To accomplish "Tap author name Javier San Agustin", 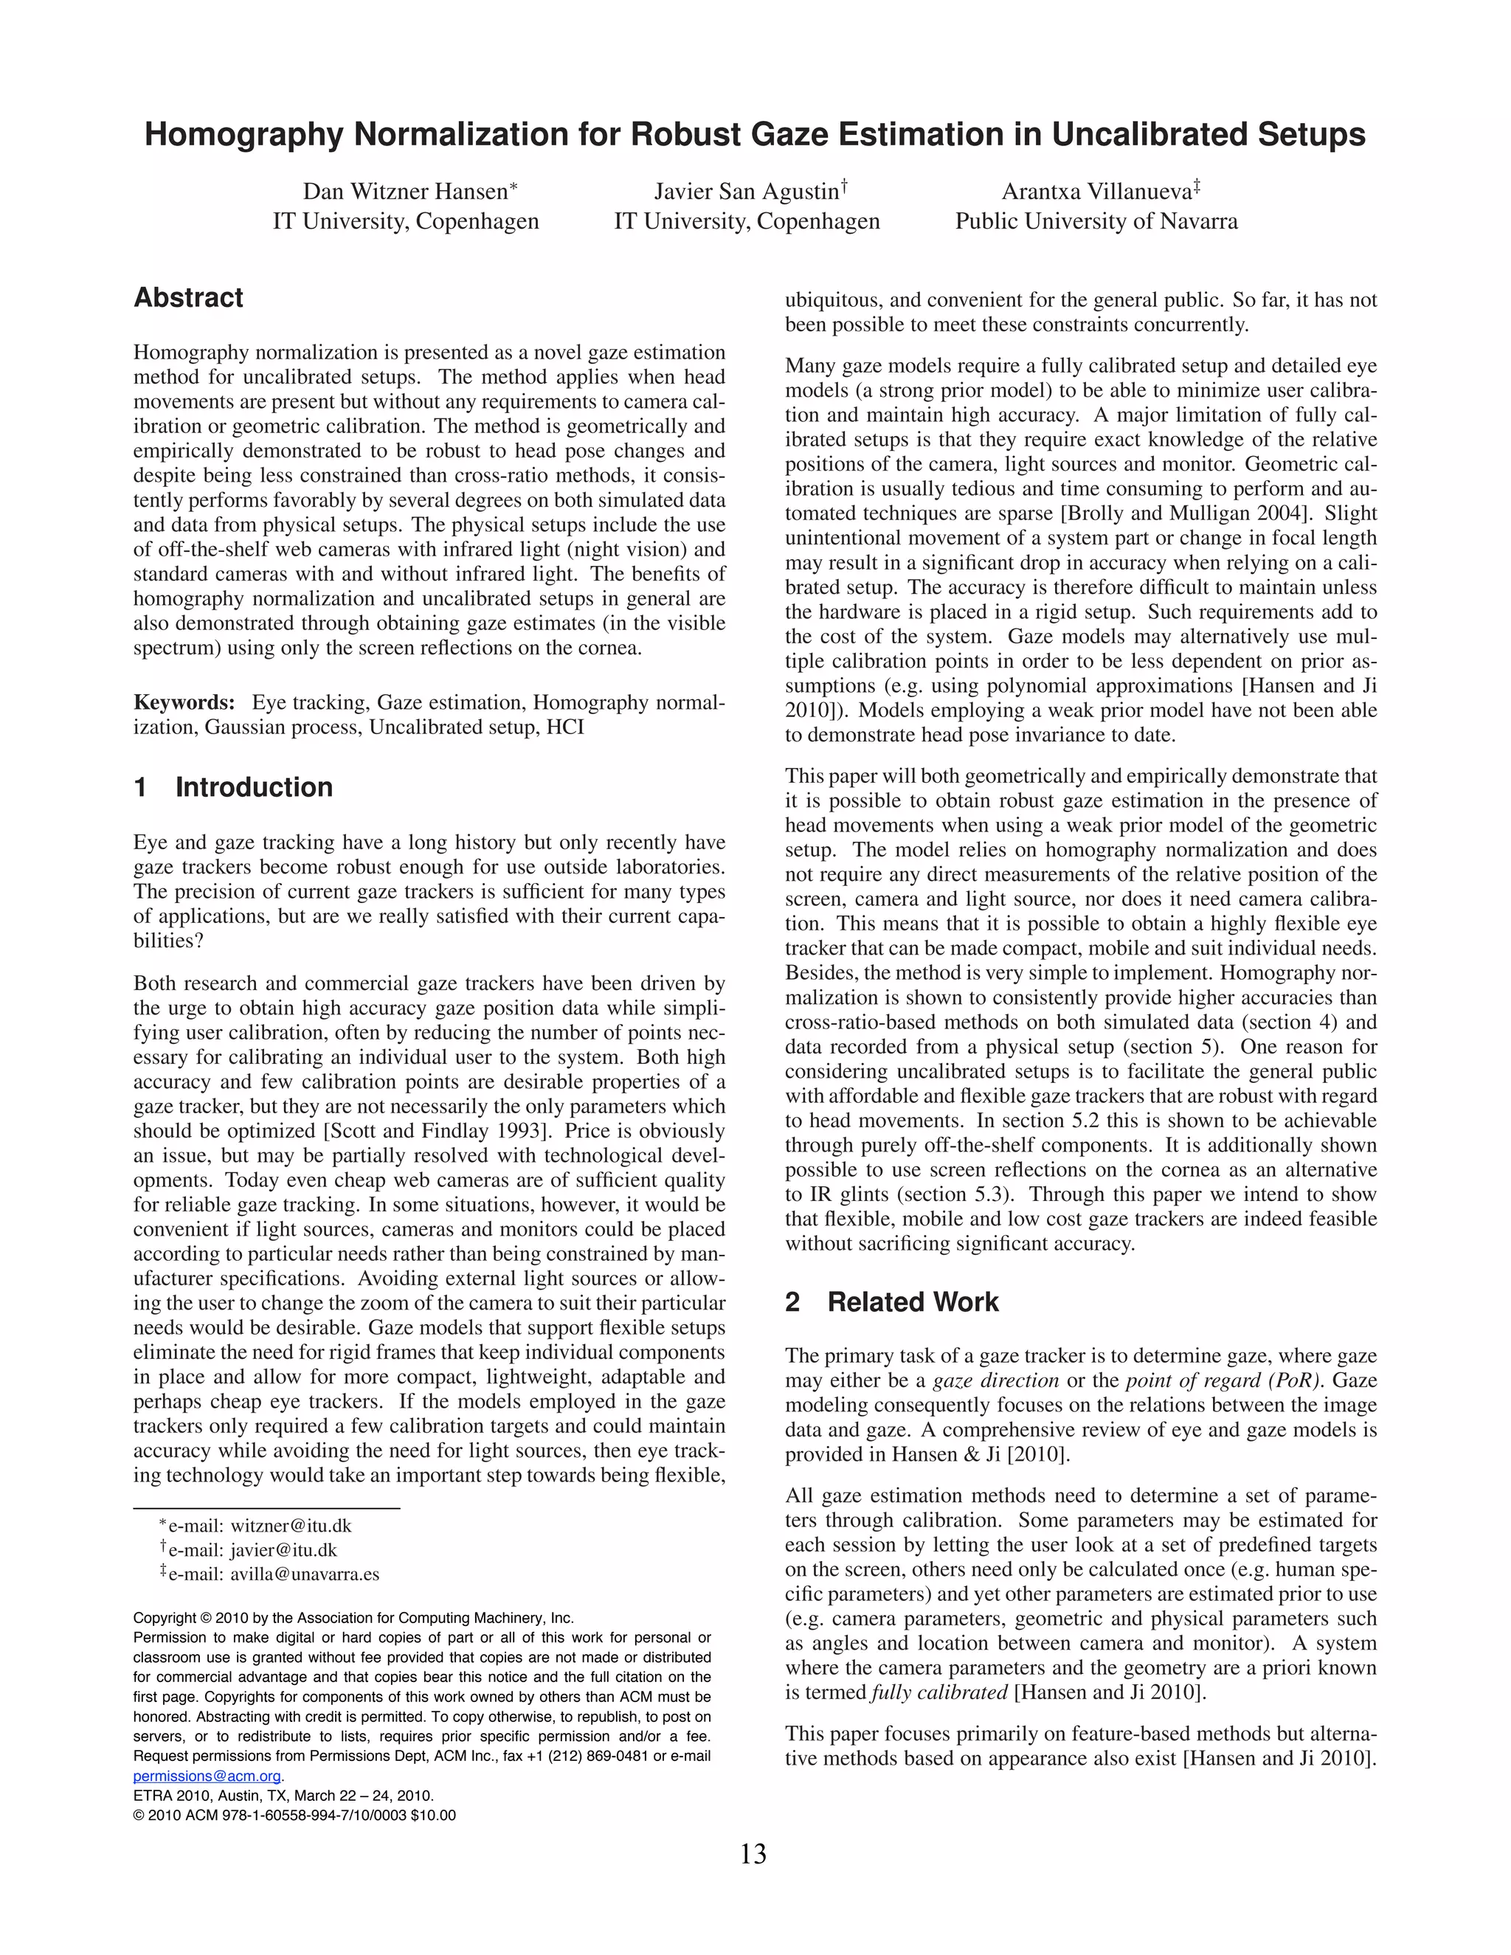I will pos(747,192).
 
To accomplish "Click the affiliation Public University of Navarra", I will pos(1096,221).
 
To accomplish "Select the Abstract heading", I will pos(188,298).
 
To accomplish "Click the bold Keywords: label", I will pos(184,702).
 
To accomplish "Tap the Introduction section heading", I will pos(253,788).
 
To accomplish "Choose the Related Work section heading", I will pos(912,1302).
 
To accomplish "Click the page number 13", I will pos(754,1854).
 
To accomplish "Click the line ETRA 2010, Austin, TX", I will pos(283,1796).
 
